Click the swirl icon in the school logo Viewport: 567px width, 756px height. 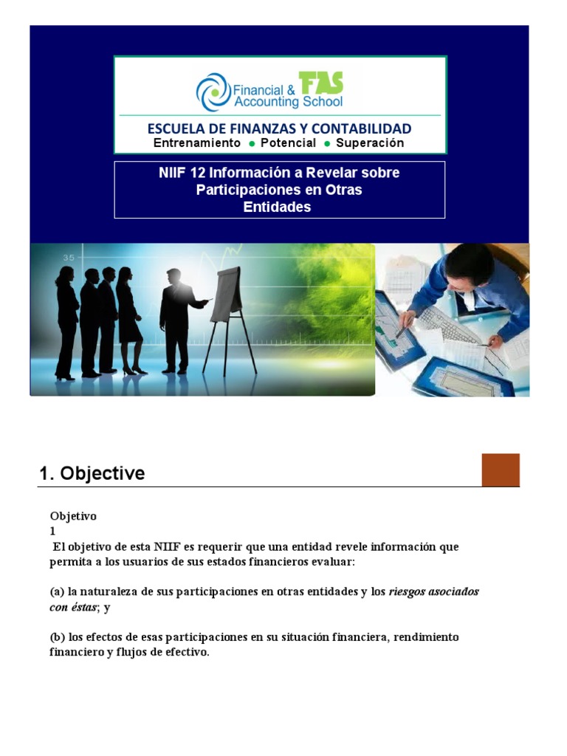coord(213,92)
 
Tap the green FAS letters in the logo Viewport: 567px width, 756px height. coord(320,84)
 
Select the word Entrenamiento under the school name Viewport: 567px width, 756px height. coord(196,143)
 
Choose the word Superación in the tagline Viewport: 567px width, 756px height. coord(370,143)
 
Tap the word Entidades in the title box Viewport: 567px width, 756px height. coord(278,207)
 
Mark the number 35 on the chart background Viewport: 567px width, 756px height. coord(69,258)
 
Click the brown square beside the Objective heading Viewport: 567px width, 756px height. coord(501,470)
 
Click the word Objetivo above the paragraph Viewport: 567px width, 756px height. coord(73,516)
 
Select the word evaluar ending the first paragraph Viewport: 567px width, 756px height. coord(357,563)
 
